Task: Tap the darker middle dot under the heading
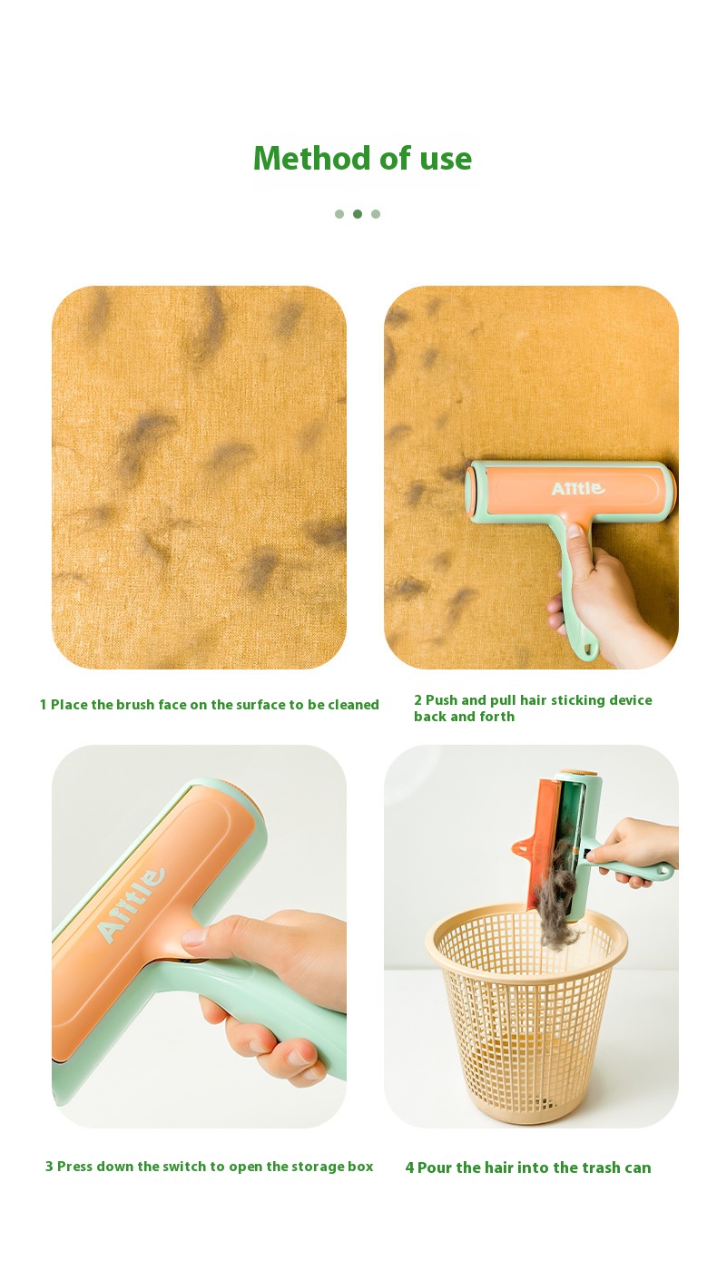click(358, 214)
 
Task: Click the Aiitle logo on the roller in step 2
click(577, 488)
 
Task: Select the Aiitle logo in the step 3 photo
click(131, 905)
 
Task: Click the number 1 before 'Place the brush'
click(43, 705)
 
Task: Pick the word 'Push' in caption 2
click(442, 700)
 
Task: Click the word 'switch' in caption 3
click(184, 1167)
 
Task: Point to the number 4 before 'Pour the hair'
click(409, 1167)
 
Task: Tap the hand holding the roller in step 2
click(607, 595)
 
